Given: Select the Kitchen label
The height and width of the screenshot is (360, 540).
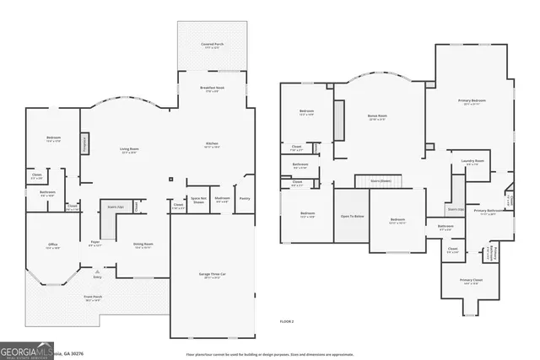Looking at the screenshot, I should click(x=213, y=144).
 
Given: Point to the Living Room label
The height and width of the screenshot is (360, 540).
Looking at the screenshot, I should click(x=129, y=149).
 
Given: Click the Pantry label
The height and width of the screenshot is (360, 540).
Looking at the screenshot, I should click(x=245, y=198).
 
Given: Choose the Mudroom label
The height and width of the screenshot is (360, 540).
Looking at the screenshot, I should click(x=223, y=200).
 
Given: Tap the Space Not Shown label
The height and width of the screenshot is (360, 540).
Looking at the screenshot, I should click(x=199, y=200).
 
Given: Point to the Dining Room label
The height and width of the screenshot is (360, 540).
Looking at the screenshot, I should click(x=143, y=245).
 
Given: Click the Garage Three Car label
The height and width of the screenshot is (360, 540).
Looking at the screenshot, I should click(x=213, y=275).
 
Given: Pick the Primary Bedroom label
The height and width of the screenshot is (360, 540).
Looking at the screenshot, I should click(x=472, y=102).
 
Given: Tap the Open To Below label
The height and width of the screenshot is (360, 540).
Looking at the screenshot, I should click(x=352, y=216).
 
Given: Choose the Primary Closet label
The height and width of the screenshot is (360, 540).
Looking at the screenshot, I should click(x=471, y=280).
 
